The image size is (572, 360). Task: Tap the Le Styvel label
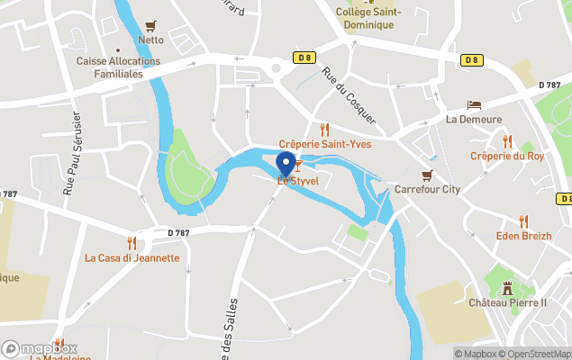[297, 181]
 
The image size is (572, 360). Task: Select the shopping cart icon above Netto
[150, 26]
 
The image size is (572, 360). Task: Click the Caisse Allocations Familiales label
[118, 67]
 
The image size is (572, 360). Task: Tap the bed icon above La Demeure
[474, 105]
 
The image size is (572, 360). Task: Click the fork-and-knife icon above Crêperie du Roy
[507, 141]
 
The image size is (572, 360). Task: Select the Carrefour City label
[427, 190]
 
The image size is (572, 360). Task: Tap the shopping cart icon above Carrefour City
[427, 175]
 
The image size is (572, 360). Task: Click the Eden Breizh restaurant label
[522, 236]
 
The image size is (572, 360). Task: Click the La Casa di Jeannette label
[132, 257]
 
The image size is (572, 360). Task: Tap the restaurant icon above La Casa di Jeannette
[132, 242]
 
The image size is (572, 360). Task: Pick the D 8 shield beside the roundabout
[304, 58]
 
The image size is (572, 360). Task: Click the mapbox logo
[40, 348]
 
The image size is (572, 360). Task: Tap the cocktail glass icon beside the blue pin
[298, 166]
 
